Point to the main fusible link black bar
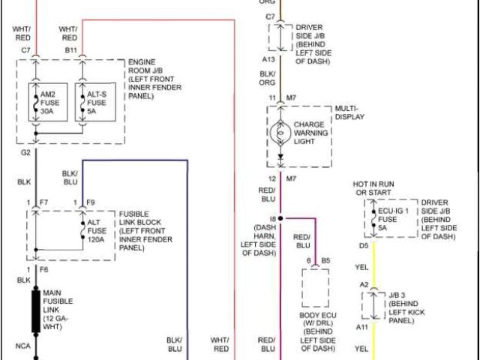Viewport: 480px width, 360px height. click(x=35, y=312)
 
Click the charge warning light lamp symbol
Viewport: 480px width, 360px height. click(x=280, y=133)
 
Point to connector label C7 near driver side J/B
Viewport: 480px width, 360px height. click(x=270, y=16)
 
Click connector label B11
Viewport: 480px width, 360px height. click(x=71, y=49)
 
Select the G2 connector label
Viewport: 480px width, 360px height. click(x=25, y=152)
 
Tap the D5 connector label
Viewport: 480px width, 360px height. click(x=363, y=245)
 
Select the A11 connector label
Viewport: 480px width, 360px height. click(x=362, y=328)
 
